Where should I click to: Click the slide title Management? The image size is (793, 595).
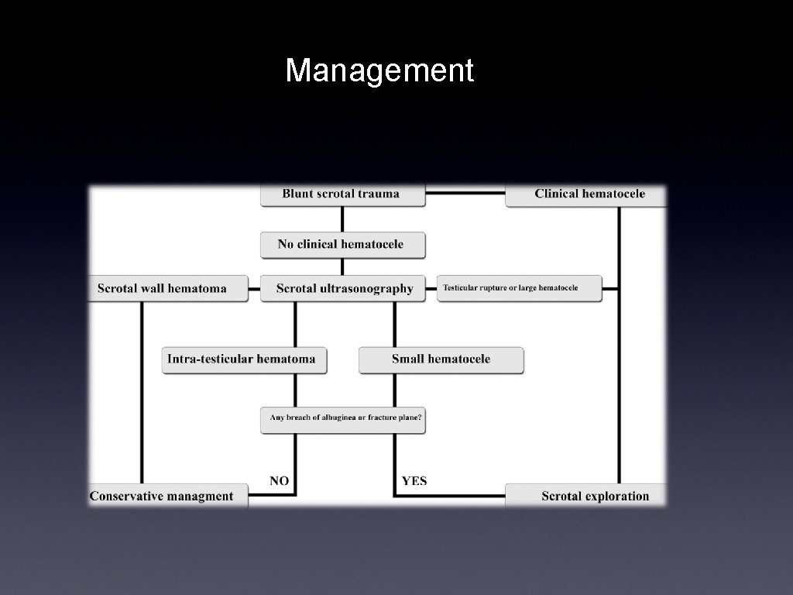point(379,71)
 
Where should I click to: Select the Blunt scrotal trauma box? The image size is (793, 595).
point(342,194)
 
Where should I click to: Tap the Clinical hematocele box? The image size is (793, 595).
point(589,194)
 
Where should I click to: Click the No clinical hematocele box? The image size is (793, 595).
point(342,244)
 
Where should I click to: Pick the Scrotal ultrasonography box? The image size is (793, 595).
point(345,288)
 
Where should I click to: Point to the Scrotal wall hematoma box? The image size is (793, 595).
point(163,288)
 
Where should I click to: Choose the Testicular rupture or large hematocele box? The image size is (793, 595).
point(519,288)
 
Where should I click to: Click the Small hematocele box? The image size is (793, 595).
point(441,359)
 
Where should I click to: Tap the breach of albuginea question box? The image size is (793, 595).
point(345,418)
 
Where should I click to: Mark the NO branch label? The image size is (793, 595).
point(280,481)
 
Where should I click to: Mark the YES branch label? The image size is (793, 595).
point(414,481)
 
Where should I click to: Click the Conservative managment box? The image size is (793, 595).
point(163,496)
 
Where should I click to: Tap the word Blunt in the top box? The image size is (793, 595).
point(297,194)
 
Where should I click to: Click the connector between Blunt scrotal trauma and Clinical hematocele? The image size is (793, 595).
point(465,193)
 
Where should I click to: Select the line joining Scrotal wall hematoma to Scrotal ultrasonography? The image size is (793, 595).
point(255,289)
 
